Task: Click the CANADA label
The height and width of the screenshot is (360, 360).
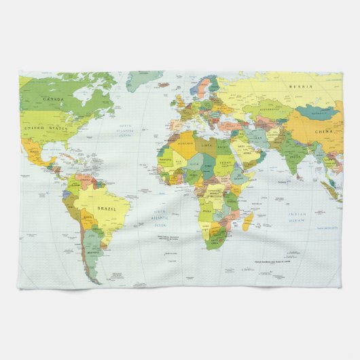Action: [x=53, y=99]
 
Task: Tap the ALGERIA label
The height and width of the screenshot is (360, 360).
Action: [x=185, y=144]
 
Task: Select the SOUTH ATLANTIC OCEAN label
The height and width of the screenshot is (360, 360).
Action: [x=160, y=218]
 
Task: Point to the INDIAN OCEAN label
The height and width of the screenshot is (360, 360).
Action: [x=297, y=217]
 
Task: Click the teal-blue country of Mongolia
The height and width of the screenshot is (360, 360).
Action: [x=317, y=111]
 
